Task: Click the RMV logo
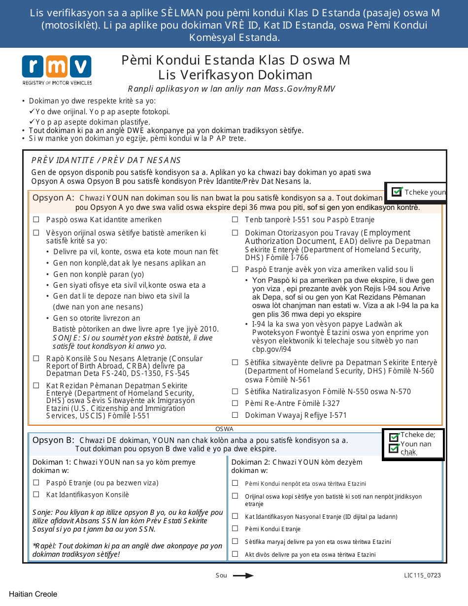click(x=56, y=70)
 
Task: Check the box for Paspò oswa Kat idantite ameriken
click(x=36, y=220)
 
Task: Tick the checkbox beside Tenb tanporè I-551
click(x=235, y=220)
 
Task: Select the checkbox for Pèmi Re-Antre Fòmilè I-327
click(x=235, y=404)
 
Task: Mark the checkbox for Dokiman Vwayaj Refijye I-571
click(x=235, y=415)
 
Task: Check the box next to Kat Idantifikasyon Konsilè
click(x=36, y=495)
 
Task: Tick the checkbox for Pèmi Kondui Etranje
click(x=235, y=529)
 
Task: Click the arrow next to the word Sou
click(x=243, y=575)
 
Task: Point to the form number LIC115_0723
click(x=422, y=575)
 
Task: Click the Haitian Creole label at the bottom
click(x=33, y=594)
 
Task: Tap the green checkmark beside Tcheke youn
click(x=397, y=192)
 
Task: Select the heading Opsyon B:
click(x=53, y=440)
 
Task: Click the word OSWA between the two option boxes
click(x=225, y=429)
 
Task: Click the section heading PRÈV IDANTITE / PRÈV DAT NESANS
click(x=106, y=160)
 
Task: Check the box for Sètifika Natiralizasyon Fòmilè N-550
click(x=235, y=392)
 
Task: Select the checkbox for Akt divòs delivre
click(x=235, y=554)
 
